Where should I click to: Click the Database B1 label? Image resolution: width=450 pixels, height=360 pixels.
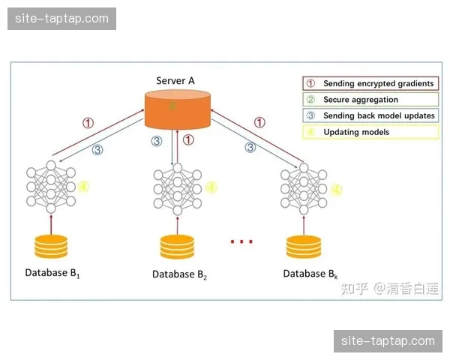[x=52, y=273]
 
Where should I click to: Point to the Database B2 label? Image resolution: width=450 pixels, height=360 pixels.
[x=179, y=274]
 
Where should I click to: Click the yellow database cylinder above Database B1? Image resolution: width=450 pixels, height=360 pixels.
[x=51, y=245]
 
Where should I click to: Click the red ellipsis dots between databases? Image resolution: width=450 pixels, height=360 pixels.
[x=241, y=241]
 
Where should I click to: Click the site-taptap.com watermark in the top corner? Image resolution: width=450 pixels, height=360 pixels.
[x=63, y=19]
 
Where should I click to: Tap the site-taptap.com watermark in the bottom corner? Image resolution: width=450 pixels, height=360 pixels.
[x=388, y=341]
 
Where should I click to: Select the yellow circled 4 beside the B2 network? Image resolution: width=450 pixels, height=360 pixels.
[x=211, y=187]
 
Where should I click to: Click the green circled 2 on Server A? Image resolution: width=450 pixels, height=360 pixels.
[x=172, y=107]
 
